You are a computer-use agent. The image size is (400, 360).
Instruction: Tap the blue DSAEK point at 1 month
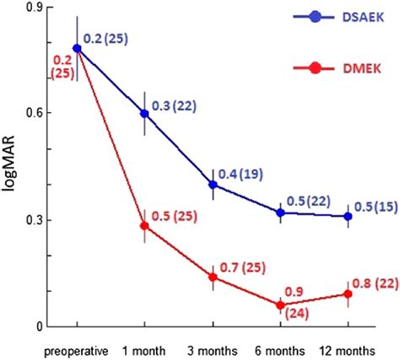[144, 113]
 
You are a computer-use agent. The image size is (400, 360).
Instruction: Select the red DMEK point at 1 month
[144, 226]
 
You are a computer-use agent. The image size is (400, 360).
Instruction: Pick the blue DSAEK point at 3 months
[213, 185]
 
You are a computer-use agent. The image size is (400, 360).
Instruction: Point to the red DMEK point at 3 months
[213, 277]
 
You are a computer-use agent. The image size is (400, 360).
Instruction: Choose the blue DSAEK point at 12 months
[349, 217]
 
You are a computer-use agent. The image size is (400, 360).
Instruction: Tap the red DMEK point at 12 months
[349, 293]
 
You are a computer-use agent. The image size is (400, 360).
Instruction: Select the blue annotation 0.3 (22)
[176, 105]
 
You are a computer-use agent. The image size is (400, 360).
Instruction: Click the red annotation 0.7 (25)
[244, 267]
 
